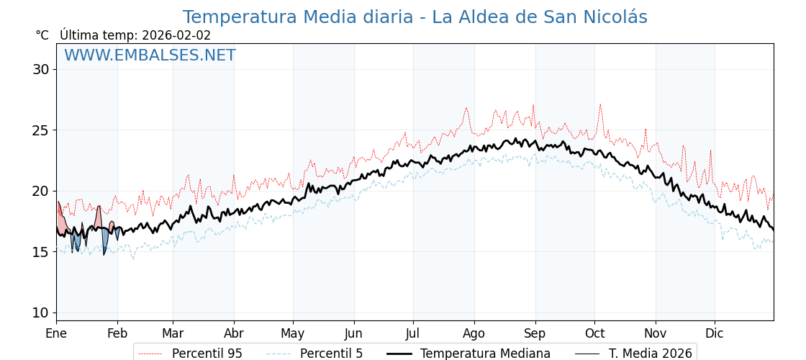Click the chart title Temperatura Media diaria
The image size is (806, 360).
click(415, 17)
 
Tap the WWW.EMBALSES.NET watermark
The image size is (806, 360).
click(150, 55)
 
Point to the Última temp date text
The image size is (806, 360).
click(135, 35)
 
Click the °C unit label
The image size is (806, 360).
click(42, 35)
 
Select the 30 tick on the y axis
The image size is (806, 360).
click(40, 70)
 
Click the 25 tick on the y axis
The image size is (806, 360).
click(40, 130)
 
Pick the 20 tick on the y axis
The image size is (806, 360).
click(40, 191)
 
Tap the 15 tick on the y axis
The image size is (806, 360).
click(40, 252)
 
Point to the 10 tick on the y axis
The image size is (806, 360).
click(40, 312)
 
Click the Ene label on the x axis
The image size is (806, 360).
click(56, 333)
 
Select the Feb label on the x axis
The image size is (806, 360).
click(117, 333)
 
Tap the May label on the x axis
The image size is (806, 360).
click(293, 333)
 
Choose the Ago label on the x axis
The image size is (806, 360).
click(474, 333)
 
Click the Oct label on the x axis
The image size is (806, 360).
click(594, 333)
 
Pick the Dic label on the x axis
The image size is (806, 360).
click(715, 333)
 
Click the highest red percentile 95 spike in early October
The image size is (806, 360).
click(600, 104)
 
